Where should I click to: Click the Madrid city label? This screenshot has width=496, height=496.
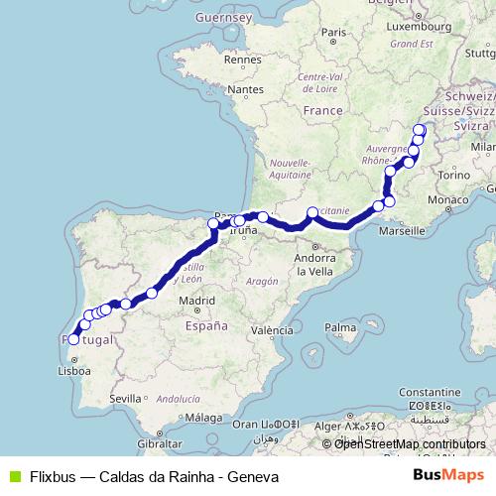point(198,301)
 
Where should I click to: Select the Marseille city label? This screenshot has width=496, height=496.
point(403,231)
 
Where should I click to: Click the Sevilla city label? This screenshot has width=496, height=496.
point(127,398)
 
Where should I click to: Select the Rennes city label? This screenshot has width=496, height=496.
point(242,60)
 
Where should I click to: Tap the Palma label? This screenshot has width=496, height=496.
point(340,327)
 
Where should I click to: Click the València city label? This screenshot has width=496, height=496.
point(272,330)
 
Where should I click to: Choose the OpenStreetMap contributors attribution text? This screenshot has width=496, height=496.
point(410,444)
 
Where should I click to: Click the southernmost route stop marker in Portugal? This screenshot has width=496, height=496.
point(73,339)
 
